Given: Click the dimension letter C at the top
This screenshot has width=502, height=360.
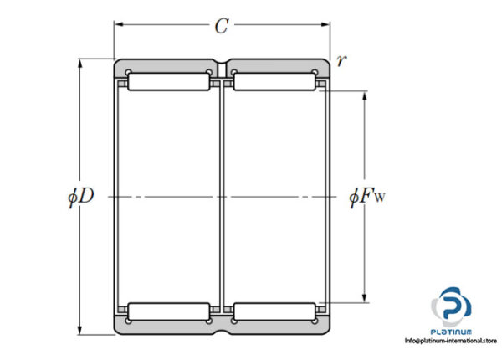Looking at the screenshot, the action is (222, 26).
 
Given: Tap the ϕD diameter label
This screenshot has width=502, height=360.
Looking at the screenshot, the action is (80, 197).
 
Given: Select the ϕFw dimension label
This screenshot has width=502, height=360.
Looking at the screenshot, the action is (367, 197).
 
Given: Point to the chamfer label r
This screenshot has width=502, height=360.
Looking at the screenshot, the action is (341, 60).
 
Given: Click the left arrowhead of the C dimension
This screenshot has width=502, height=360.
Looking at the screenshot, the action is (119, 24).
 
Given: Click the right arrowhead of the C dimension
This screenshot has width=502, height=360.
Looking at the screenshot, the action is (325, 24).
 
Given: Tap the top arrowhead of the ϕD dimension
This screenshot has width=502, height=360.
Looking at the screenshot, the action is (80, 64).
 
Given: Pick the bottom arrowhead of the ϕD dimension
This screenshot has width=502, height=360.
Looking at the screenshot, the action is (80, 330).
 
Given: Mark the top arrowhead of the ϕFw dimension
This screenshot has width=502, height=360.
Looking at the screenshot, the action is (364, 95).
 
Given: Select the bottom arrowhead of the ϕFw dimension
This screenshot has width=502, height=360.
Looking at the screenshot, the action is (364, 298).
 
